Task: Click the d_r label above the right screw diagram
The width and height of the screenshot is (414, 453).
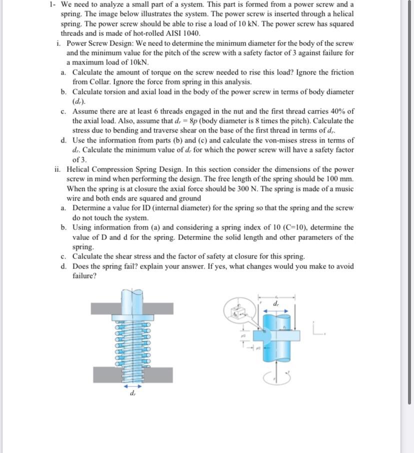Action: click(x=276, y=303)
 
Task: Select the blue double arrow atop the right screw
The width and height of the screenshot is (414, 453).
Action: click(x=276, y=310)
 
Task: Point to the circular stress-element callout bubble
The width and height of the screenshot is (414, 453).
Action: click(x=239, y=312)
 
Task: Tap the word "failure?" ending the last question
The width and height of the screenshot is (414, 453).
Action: click(x=84, y=276)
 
